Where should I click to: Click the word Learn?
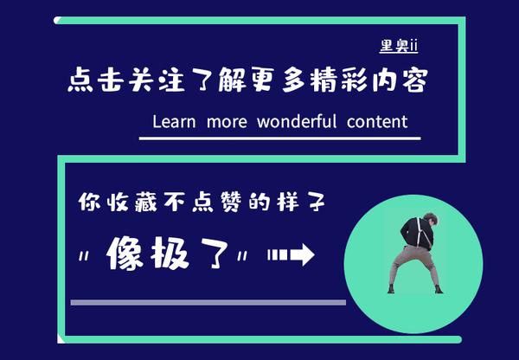175,121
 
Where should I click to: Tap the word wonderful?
297,121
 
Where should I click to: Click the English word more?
225,121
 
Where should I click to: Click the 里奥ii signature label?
399,44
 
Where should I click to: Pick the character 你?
90,204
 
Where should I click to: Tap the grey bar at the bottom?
208,302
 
